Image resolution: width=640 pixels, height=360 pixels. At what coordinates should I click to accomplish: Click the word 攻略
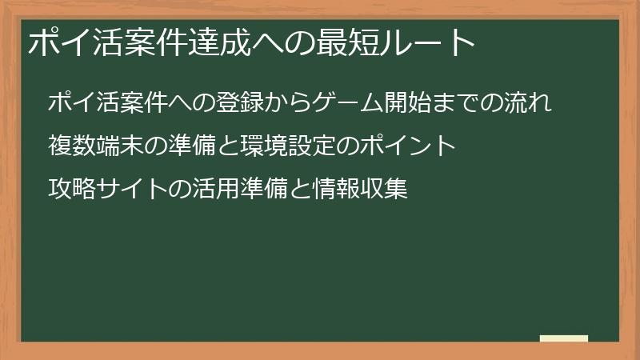tap(71, 190)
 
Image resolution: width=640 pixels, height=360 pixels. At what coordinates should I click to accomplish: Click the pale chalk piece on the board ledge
tap(563, 338)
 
